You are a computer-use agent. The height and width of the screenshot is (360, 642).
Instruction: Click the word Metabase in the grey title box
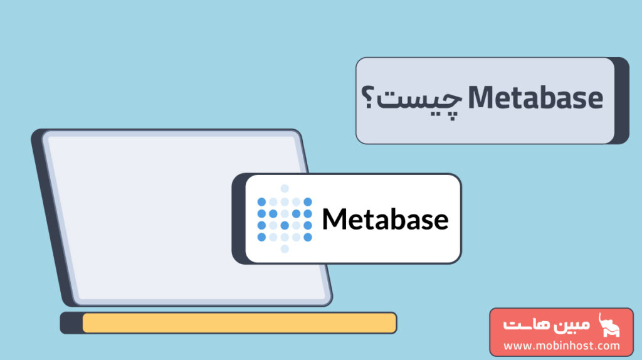pos(535,100)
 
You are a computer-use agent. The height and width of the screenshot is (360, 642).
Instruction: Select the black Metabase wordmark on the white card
pos(385,219)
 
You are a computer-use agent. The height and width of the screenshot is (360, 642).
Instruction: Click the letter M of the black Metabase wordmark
pos(335,219)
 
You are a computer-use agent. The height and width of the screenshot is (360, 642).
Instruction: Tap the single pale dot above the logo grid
pos(285,189)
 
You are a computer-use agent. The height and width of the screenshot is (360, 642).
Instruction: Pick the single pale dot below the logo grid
pos(285,249)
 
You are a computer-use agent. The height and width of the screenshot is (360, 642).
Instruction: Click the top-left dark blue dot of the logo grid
pos(261,201)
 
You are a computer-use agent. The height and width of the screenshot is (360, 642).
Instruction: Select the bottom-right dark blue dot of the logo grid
pos(308,237)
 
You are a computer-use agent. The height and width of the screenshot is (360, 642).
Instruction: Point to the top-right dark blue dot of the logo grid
pos(308,201)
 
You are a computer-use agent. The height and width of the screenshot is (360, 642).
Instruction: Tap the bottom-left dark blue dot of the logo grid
pos(261,237)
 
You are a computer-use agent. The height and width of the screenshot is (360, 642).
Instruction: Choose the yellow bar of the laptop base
pos(239,323)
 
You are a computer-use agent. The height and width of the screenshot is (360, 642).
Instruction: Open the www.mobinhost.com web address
pos(562,346)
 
